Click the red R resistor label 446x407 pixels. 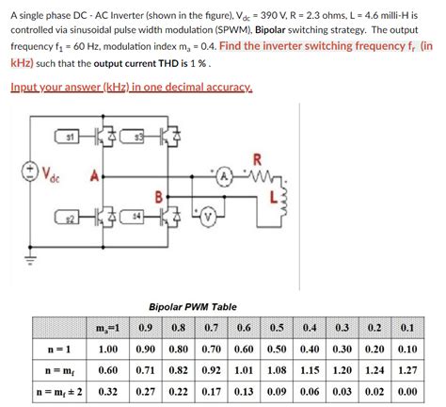pos(258,156)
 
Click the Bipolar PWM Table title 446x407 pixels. pos(193,307)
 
